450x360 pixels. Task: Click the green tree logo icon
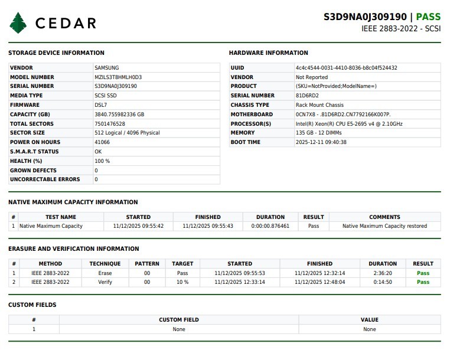point(18,23)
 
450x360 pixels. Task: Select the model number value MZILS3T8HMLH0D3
point(118,77)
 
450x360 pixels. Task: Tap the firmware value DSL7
point(100,105)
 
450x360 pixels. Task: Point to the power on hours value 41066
point(102,142)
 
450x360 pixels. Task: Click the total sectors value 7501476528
point(110,124)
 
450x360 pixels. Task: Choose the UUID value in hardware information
point(346,68)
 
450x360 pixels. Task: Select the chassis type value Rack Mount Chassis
point(319,105)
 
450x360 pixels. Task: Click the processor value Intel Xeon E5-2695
point(349,124)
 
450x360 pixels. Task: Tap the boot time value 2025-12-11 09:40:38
point(321,142)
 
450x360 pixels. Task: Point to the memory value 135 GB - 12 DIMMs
point(318,133)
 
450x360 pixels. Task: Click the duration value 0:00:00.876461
point(270,226)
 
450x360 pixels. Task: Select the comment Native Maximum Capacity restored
point(384,226)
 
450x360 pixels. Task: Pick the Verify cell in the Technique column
point(105,282)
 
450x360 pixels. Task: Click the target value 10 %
point(182,282)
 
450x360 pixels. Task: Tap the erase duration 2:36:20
point(383,273)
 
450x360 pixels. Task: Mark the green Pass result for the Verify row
point(423,282)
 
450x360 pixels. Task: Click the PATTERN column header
point(147,264)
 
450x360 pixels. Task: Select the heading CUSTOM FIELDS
point(32,305)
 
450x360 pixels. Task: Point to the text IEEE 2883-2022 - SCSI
point(401,28)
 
